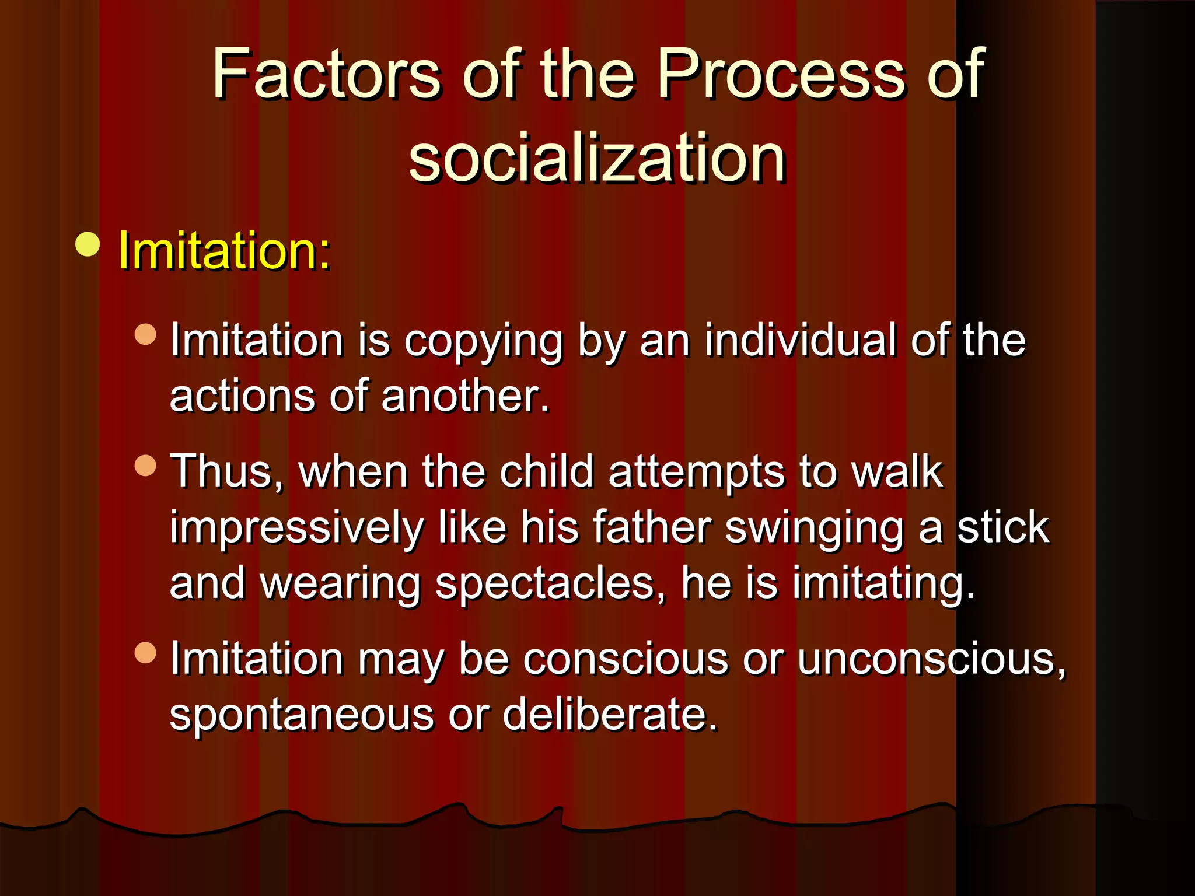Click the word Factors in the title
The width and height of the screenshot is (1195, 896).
point(327,75)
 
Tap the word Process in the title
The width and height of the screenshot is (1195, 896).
point(782,75)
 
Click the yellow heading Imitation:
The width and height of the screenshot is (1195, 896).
point(224,251)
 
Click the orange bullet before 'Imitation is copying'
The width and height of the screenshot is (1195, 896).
point(145,334)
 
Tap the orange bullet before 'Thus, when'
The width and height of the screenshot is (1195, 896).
point(145,466)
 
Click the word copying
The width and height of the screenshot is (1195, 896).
point(483,341)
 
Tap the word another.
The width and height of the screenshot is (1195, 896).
point(466,396)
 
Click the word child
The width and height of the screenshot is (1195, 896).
point(546,471)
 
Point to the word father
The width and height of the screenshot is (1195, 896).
point(652,527)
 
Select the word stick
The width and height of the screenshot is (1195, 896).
point(1003,527)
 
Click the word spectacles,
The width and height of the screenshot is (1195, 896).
point(550,584)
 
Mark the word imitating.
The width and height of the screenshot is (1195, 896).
point(883,584)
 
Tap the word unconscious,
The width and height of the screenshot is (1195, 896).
point(931,659)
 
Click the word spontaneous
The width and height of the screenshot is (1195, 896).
point(302,715)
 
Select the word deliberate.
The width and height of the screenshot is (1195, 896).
point(609,714)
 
